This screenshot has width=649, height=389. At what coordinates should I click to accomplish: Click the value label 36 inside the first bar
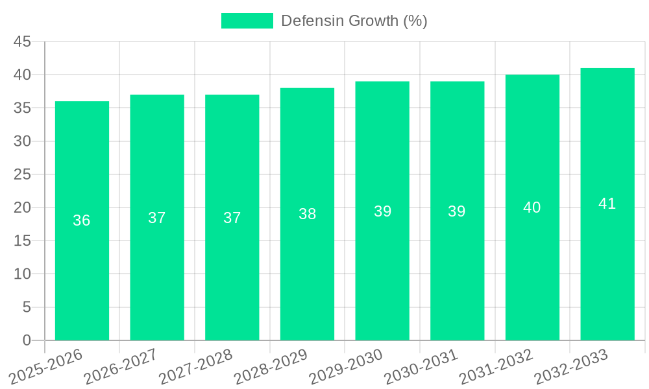click(x=82, y=220)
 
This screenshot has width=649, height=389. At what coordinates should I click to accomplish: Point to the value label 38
click(x=307, y=214)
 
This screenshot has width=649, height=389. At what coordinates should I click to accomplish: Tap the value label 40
click(x=532, y=207)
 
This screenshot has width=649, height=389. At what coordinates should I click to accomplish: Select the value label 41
click(x=607, y=204)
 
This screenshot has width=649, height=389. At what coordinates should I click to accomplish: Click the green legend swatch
click(x=247, y=21)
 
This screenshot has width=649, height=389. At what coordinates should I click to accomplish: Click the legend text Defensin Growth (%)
click(x=354, y=21)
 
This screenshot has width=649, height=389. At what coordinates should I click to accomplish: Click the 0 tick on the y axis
click(x=27, y=340)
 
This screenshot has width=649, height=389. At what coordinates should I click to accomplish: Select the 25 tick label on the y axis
click(x=23, y=174)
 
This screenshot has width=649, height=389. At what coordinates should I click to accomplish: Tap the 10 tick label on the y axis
click(x=23, y=274)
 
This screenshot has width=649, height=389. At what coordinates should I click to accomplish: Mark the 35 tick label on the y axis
click(x=23, y=108)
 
